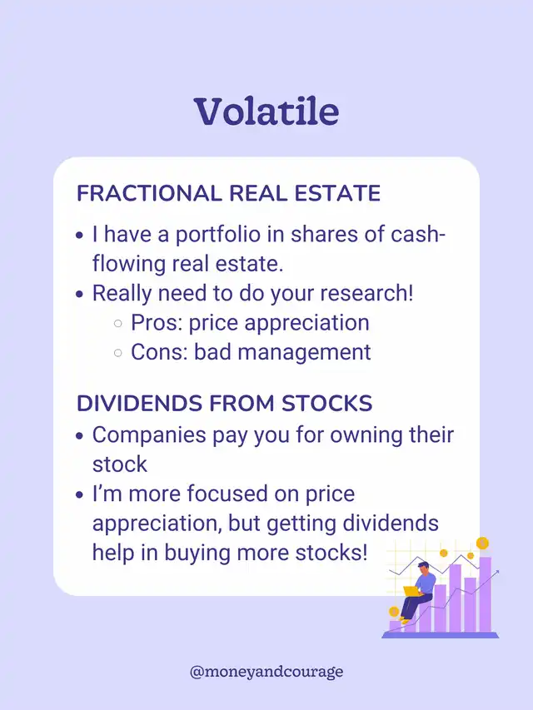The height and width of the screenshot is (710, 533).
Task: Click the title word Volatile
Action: point(266,112)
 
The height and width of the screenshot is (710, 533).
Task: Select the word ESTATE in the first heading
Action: point(337,193)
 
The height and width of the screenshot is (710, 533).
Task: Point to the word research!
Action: point(366,294)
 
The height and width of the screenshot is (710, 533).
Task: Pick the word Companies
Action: point(149,435)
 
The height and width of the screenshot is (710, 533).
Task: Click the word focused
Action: point(227,494)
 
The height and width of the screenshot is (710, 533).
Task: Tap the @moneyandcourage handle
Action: point(266,672)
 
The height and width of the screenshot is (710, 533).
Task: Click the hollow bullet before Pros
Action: point(117,323)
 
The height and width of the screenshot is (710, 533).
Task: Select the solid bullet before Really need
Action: point(80,295)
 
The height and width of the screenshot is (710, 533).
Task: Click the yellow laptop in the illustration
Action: point(411,590)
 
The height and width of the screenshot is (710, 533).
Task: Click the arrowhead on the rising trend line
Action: point(496,573)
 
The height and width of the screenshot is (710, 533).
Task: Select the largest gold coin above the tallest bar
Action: point(482,543)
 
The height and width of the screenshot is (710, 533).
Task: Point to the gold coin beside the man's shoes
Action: point(394,612)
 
